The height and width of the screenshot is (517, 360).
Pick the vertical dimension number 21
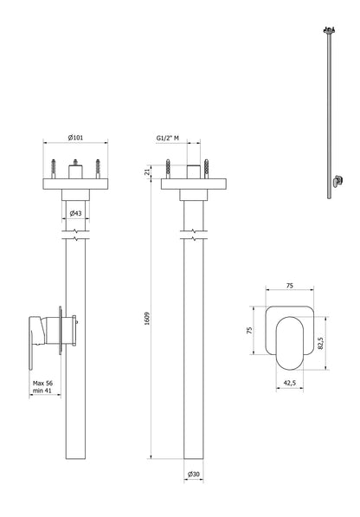[149, 172]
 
